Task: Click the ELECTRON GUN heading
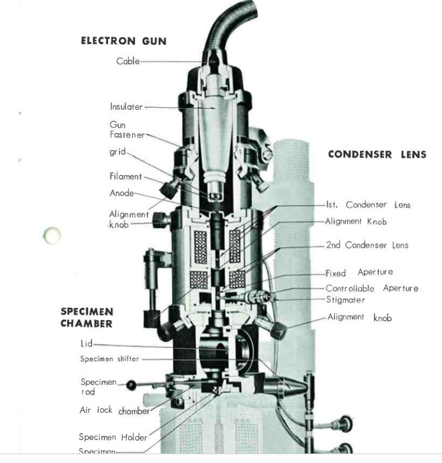[124, 41]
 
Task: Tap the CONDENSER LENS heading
[376, 155]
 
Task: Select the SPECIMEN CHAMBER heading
[87, 317]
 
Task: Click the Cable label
[128, 61]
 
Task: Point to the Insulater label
[127, 107]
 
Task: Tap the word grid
[117, 151]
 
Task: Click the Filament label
[126, 176]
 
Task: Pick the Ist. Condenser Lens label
[367, 205]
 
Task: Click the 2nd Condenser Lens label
[367, 245]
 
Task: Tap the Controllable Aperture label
[371, 288]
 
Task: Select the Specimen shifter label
[109, 359]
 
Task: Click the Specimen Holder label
[113, 437]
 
